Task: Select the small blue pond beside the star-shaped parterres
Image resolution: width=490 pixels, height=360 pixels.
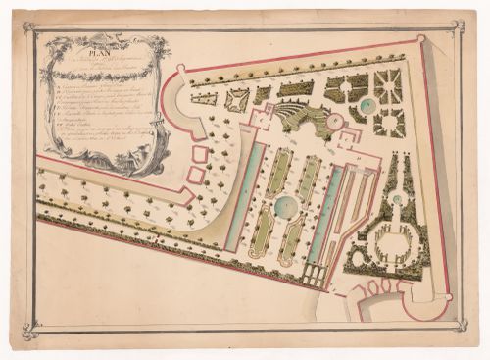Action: pyautogui.click(x=367, y=105)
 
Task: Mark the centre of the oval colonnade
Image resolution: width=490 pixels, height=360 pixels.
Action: pyautogui.click(x=390, y=240)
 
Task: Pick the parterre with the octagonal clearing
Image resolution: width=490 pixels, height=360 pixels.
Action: pyautogui.click(x=389, y=123)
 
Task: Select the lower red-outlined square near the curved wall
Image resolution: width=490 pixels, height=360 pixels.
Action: pyautogui.click(x=196, y=176)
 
